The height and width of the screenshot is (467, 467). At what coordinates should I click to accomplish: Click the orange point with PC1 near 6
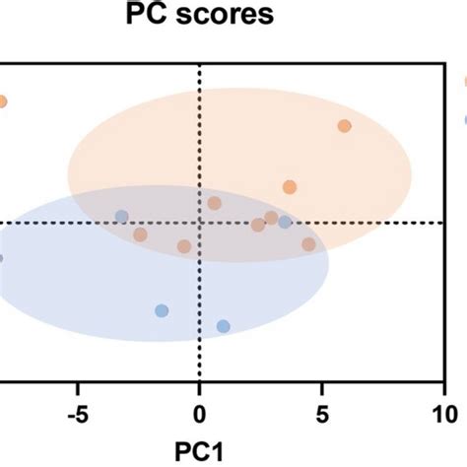[344, 126]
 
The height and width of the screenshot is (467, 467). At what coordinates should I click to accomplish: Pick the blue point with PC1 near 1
[224, 326]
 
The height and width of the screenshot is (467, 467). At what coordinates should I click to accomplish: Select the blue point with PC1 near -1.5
[162, 311]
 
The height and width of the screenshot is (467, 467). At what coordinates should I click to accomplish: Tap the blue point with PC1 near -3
[121, 217]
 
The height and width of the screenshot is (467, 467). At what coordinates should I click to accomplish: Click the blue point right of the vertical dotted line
[285, 222]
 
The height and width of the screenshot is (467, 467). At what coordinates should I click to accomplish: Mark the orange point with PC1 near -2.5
[140, 234]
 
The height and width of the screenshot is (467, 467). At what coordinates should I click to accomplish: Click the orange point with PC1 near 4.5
[308, 243]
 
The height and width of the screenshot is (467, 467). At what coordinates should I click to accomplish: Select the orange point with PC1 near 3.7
[290, 187]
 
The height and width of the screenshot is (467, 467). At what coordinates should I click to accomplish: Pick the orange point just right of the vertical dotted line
[214, 203]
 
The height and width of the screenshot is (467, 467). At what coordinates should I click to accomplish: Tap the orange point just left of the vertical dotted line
[183, 246]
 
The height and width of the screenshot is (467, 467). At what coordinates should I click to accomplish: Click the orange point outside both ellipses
[2, 101]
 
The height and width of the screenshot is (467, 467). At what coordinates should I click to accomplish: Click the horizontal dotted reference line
[394, 223]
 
